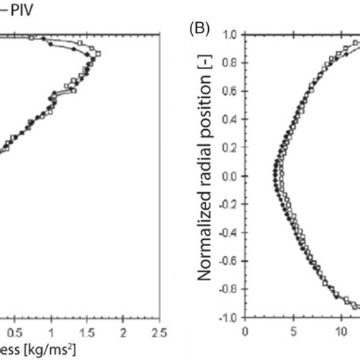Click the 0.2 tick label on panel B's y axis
pos(230,147)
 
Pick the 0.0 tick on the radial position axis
pos(230,175)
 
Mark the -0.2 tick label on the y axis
pos(228,204)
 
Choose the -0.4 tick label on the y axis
pos(228,232)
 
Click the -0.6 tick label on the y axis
pos(228,261)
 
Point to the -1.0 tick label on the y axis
pos(228,317)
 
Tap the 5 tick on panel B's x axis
pos(291,331)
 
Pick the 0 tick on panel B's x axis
pos(245,331)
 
